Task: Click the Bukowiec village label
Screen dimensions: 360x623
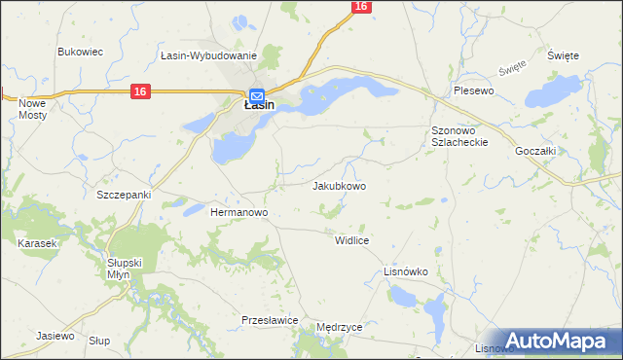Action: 81,52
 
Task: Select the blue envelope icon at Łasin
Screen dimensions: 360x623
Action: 256,95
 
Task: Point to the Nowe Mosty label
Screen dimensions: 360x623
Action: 33,109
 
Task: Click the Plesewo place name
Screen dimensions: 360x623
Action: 474,90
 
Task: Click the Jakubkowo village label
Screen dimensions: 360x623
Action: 339,186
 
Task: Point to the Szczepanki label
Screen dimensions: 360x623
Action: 124,195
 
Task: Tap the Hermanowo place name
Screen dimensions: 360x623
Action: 239,211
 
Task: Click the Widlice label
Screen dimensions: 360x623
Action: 350,239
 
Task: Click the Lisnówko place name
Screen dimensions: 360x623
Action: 407,271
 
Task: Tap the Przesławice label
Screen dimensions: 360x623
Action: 269,320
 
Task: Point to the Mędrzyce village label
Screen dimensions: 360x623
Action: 339,328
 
